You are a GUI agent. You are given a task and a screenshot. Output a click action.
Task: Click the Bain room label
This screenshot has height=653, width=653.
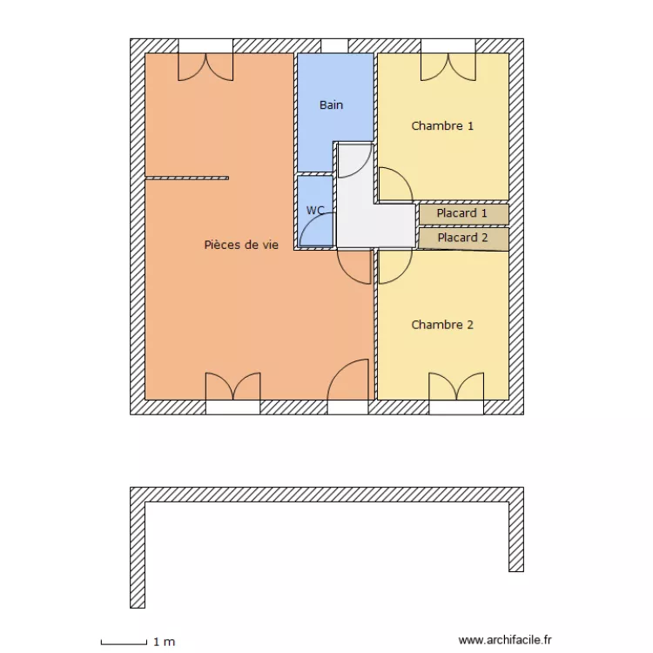[331, 105]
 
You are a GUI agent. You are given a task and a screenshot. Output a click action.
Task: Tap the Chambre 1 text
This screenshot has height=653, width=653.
[442, 125]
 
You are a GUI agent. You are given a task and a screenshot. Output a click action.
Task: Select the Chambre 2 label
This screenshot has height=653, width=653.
[442, 325]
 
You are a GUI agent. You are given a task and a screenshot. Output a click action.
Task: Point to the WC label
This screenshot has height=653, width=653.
[314, 210]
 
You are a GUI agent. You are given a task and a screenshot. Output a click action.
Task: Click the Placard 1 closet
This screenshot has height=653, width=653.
[462, 213]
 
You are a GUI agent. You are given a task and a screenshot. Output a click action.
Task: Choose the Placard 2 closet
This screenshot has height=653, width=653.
[462, 238]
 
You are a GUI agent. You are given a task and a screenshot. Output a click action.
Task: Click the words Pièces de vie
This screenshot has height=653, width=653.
[241, 246]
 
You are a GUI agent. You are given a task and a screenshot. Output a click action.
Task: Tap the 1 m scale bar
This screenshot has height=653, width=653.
[124, 643]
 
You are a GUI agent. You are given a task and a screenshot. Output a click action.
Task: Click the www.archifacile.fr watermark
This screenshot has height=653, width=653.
[506, 640]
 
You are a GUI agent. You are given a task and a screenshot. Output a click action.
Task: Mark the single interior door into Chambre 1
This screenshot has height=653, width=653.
[394, 185]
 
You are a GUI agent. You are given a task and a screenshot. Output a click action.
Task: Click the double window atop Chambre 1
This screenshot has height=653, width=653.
[448, 65]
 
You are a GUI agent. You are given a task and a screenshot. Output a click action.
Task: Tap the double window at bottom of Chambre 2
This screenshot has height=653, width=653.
[456, 389]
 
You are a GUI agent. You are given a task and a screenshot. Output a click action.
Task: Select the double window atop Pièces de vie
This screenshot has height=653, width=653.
[206, 65]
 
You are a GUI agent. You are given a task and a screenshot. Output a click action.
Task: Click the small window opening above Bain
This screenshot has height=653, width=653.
[334, 45]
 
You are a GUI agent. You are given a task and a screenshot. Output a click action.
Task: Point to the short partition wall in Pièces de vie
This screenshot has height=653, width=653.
[187, 178]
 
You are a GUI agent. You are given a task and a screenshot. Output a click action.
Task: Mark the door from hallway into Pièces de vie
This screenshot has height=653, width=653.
[353, 266]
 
